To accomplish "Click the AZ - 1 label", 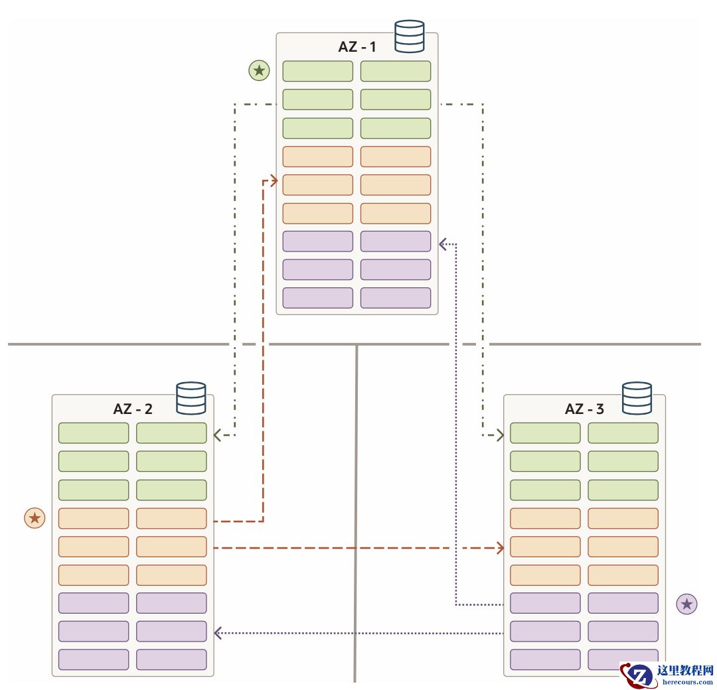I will tap(357, 47).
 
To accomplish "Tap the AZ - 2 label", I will tap(132, 409).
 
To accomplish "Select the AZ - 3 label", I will tap(584, 409).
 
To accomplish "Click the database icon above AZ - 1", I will tap(409, 36).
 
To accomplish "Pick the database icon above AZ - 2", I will tap(191, 398).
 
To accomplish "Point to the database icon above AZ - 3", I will tap(637, 398).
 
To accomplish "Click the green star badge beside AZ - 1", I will tap(259, 70).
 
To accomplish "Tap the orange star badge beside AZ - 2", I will tap(35, 517).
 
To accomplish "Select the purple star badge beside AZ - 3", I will tap(686, 604).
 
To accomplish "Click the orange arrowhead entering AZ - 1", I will tap(272, 180).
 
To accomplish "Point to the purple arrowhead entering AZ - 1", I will tap(443, 244).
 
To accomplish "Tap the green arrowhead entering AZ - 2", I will tap(218, 435).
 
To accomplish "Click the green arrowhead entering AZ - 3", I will tap(499, 435).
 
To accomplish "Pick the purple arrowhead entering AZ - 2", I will tap(218, 634).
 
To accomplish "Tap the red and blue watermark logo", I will tap(639, 675).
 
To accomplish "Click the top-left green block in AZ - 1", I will tap(317, 71).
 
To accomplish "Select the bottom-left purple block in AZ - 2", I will tap(94, 659).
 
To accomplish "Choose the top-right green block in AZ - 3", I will tap(623, 433).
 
